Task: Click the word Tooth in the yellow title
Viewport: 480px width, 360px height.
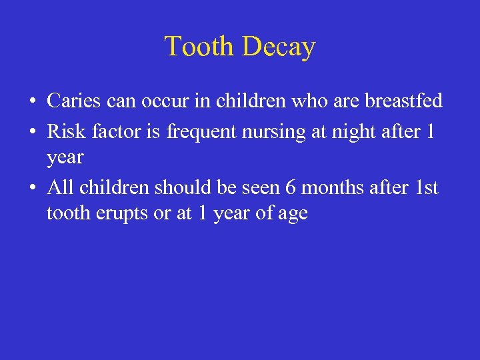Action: coord(200,47)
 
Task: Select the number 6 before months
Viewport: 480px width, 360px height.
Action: coord(290,188)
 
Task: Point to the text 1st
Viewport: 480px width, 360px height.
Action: coord(426,188)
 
